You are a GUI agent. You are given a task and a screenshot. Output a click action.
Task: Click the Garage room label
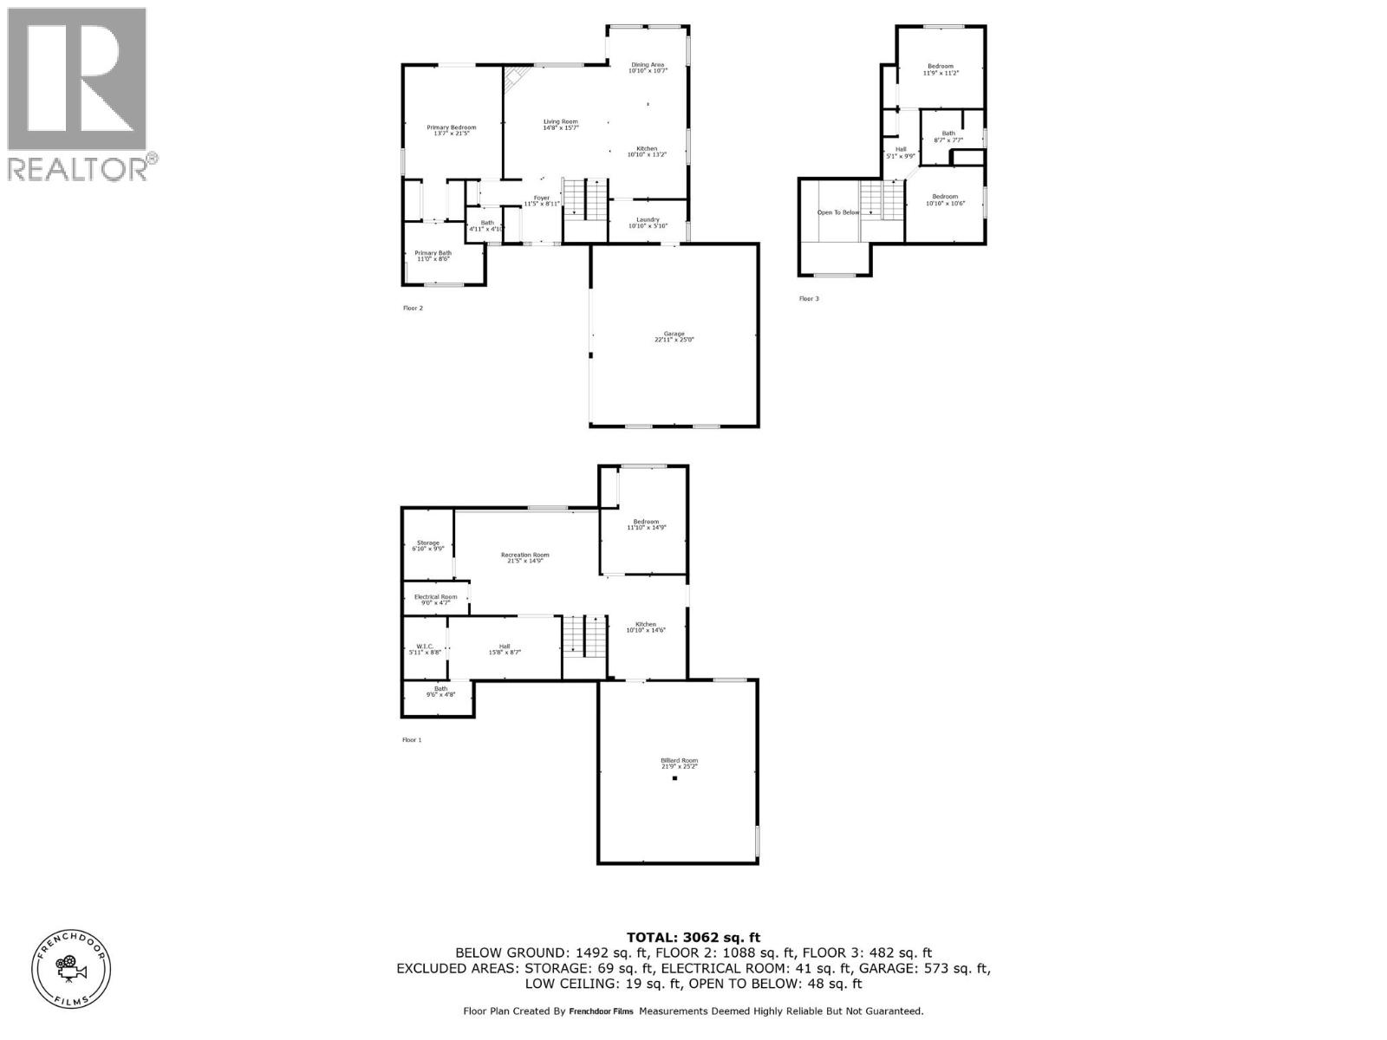(x=674, y=337)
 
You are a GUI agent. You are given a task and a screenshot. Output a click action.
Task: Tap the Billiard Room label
(x=679, y=764)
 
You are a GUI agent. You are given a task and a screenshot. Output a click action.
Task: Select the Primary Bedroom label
(x=452, y=131)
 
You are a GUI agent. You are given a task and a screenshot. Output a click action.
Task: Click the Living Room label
(x=560, y=125)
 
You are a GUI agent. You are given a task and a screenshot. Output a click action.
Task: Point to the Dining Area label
(x=648, y=68)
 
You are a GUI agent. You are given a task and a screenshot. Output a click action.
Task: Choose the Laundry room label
(x=648, y=223)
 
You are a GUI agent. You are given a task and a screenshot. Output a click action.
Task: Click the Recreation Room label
(x=524, y=558)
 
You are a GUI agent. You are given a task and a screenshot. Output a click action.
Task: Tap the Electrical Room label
(x=435, y=599)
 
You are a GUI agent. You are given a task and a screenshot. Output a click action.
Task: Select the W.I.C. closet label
(x=425, y=649)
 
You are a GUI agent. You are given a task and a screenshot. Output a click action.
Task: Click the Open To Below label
(x=838, y=212)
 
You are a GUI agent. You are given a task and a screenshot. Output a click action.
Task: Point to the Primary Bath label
(x=433, y=256)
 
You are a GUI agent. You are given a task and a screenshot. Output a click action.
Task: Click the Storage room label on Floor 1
(x=427, y=546)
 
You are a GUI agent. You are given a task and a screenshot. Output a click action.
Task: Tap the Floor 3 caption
(x=808, y=299)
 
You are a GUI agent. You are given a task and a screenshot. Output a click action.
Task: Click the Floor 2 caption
(x=413, y=308)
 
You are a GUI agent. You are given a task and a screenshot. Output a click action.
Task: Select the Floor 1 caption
(x=412, y=740)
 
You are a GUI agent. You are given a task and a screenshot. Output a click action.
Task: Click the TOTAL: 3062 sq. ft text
(x=693, y=937)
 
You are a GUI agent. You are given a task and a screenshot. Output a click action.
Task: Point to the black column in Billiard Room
(x=674, y=778)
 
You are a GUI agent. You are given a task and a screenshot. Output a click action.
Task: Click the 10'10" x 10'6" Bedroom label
(x=944, y=200)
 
